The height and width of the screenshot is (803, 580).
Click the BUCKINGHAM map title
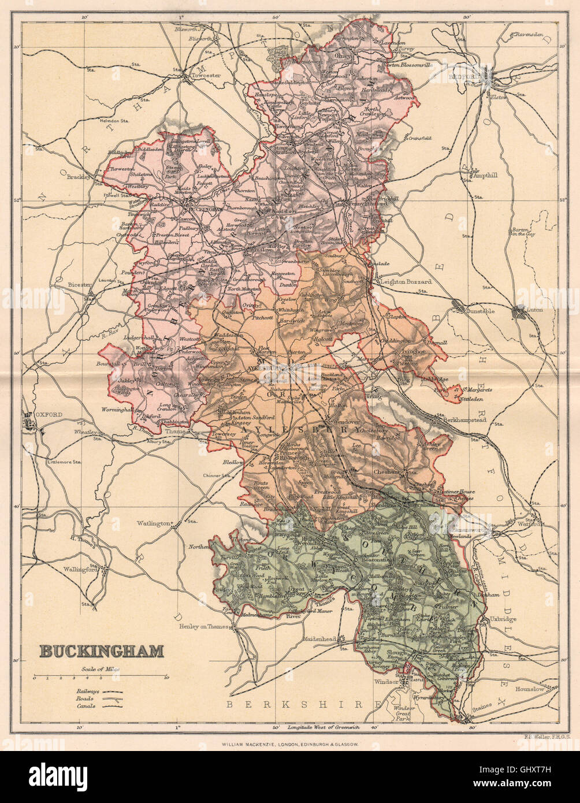click(101, 651)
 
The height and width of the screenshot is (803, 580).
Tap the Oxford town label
click(35, 415)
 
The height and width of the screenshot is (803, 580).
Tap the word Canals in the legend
click(84, 705)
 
